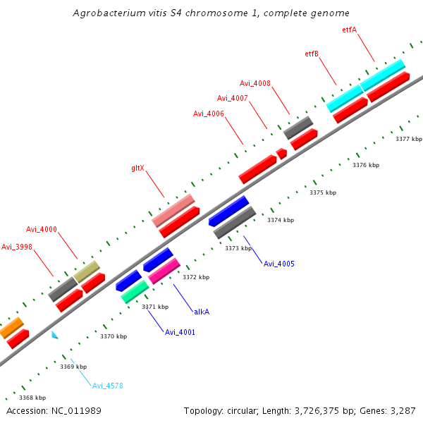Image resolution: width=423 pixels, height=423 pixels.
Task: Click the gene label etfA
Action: (x=349, y=30)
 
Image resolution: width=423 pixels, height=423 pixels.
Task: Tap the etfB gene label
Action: (x=312, y=54)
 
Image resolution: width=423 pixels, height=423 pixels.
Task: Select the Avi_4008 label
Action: (x=255, y=83)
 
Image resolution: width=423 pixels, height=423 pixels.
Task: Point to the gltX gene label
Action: (x=138, y=168)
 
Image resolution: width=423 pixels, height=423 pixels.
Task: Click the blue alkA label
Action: (x=202, y=311)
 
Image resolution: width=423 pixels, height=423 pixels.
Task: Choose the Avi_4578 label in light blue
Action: (x=108, y=385)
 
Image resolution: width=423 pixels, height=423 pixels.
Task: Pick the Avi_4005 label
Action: (x=278, y=264)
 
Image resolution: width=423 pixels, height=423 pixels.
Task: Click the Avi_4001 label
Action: (x=180, y=332)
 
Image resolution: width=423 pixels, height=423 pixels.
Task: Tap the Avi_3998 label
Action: (x=17, y=247)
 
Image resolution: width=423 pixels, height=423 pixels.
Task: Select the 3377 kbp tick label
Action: (x=408, y=139)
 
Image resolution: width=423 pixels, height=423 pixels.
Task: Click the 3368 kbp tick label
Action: (x=32, y=398)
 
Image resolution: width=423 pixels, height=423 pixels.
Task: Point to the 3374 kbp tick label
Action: (x=281, y=220)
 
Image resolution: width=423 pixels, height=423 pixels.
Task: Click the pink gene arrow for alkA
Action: (x=164, y=271)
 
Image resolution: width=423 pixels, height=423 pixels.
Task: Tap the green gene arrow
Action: (x=135, y=291)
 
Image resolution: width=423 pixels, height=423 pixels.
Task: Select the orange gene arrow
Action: (x=11, y=328)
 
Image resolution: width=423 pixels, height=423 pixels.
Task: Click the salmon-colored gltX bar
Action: (x=173, y=211)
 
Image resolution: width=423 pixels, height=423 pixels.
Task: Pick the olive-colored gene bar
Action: (x=87, y=271)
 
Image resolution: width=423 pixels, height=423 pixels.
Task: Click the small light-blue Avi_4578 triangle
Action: (x=54, y=335)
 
